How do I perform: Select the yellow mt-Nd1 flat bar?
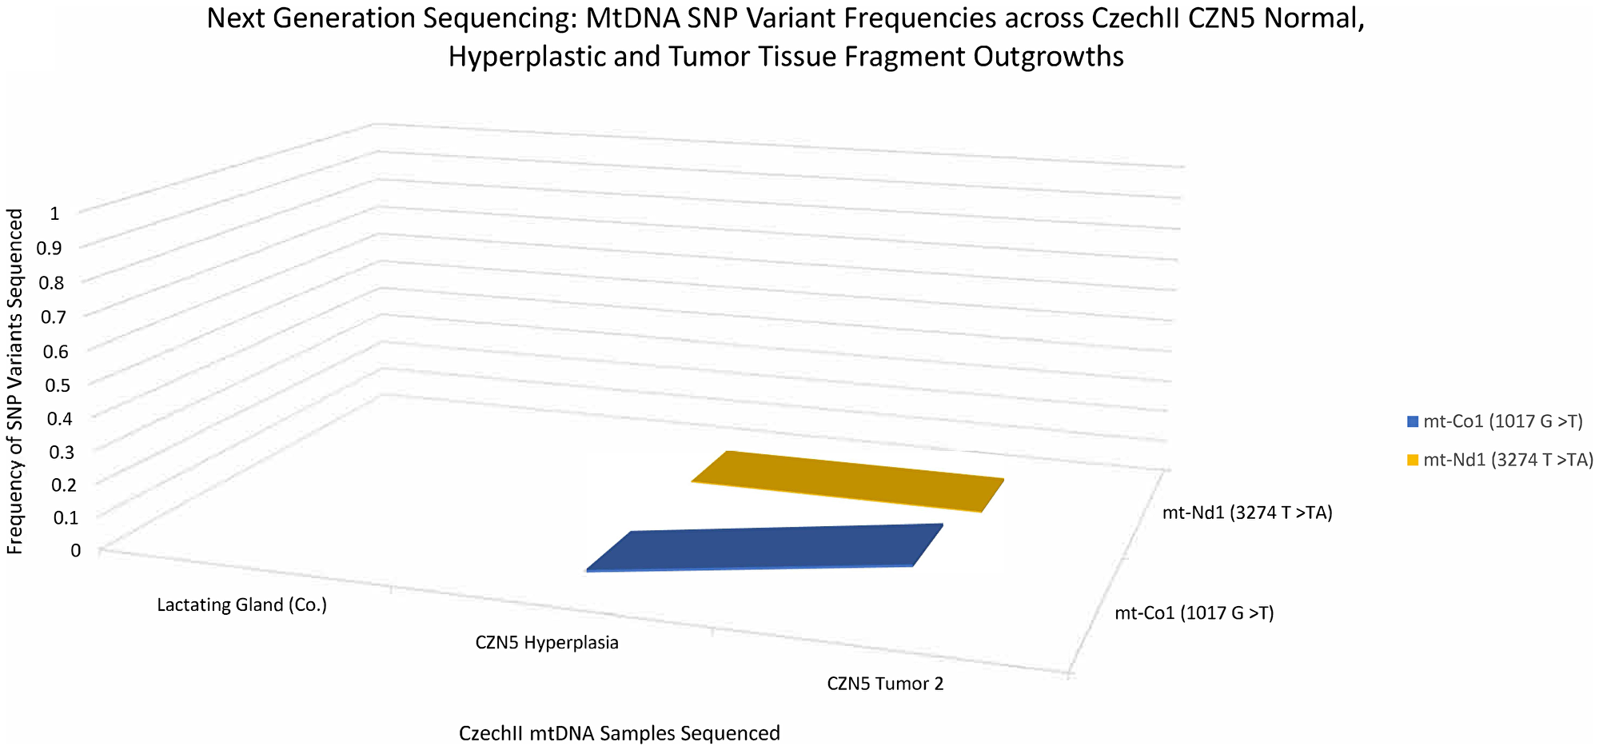tap(847, 482)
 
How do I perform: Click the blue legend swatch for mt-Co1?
tap(1413, 421)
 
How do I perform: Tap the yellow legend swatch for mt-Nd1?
tap(1413, 460)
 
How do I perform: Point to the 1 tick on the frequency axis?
tap(54, 213)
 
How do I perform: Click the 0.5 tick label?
tap(60, 385)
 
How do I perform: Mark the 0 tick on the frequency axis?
tap(75, 550)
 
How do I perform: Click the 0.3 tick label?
tap(60, 452)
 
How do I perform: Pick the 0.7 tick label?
tap(54, 317)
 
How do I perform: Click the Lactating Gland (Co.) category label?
tap(242, 604)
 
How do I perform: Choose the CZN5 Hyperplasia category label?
tap(547, 643)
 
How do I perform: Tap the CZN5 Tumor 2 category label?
tap(885, 684)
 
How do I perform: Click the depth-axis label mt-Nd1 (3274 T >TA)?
tap(1247, 513)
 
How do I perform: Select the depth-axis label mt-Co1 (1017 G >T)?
tap(1194, 613)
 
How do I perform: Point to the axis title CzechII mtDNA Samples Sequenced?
tap(619, 733)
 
